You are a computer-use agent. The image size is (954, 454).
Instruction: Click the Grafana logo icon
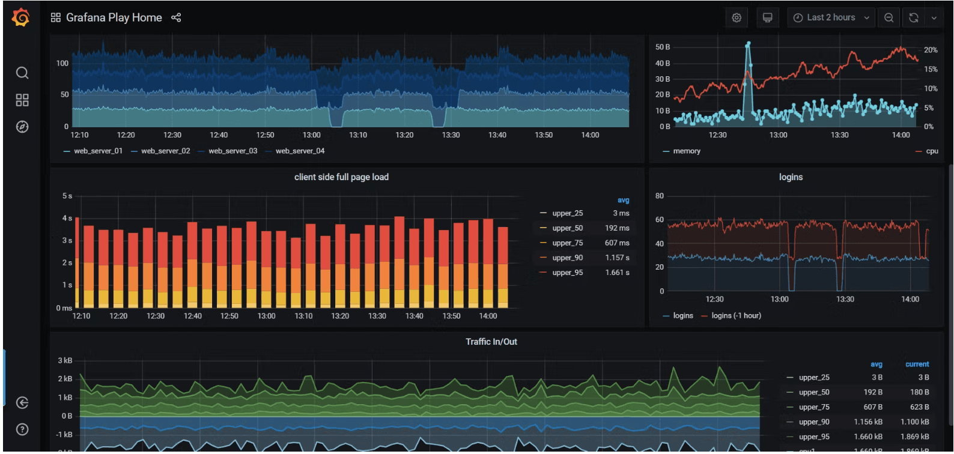(21, 17)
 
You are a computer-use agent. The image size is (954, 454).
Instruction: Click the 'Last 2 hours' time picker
(831, 17)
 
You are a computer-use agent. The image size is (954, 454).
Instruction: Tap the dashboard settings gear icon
(737, 17)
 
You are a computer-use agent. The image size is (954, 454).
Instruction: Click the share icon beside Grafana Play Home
(176, 17)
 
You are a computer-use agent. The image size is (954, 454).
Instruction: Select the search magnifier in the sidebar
(22, 73)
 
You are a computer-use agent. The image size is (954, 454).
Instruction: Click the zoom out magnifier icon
(889, 17)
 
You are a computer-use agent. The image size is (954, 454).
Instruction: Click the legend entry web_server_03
(232, 151)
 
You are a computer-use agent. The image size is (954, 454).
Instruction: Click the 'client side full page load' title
(341, 177)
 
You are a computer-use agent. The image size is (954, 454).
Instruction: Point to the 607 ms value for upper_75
(617, 243)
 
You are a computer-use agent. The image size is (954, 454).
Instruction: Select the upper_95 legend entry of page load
(567, 273)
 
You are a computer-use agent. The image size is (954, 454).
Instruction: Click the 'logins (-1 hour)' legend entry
(736, 315)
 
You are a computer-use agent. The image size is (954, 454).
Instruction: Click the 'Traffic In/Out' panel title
(491, 342)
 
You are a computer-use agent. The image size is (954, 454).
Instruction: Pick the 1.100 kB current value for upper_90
(914, 422)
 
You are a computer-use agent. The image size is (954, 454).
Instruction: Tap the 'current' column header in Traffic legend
(917, 364)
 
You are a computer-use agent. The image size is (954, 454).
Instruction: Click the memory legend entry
(687, 151)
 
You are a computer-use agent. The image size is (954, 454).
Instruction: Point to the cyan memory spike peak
(748, 44)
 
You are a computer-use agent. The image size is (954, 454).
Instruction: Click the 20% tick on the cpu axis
(930, 50)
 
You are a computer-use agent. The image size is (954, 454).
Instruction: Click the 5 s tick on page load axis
(67, 196)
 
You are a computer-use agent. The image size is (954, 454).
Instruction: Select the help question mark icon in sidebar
(22, 429)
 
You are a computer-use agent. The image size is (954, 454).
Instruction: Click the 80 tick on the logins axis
(660, 196)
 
